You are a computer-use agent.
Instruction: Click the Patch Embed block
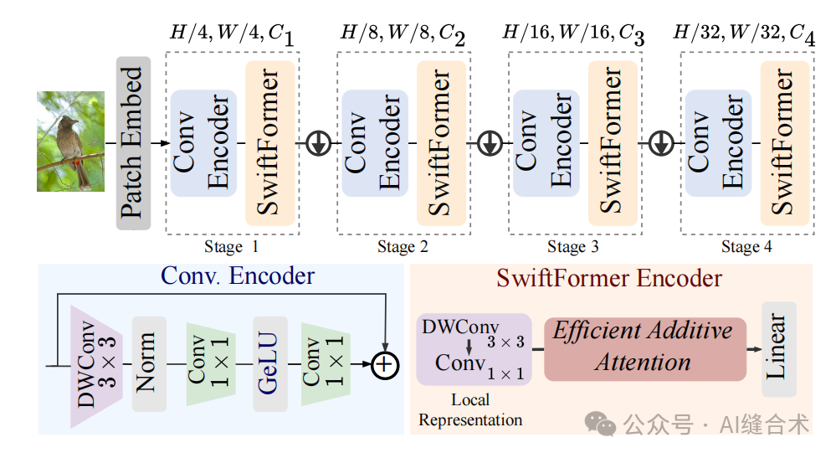[x=133, y=143]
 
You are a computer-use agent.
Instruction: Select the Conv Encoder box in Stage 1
[x=203, y=143]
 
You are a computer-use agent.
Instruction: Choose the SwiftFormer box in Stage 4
[x=784, y=143]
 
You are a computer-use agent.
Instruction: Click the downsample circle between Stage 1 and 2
[x=317, y=143]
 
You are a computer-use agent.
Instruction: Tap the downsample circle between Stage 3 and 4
[x=660, y=143]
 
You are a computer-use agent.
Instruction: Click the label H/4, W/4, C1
[x=231, y=35]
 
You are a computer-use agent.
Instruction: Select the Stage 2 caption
[x=403, y=247]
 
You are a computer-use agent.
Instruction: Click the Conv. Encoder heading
[x=239, y=275]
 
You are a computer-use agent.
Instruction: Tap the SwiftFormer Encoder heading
[x=609, y=277]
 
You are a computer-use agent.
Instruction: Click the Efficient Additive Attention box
[x=644, y=347]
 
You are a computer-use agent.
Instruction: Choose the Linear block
[x=778, y=347]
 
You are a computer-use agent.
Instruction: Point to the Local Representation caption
[x=470, y=410]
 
